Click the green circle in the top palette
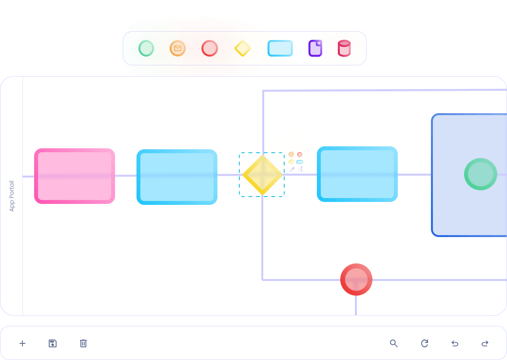(x=146, y=48)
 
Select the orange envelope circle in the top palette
(x=177, y=48)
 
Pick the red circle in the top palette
(x=210, y=48)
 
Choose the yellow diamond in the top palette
(x=242, y=48)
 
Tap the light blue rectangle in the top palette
(x=280, y=48)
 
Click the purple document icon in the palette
(x=315, y=48)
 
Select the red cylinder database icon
(x=344, y=48)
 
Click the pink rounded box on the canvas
(x=75, y=176)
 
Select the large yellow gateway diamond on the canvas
(x=263, y=175)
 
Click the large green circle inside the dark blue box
(x=481, y=174)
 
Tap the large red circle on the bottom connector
(x=356, y=280)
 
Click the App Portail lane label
(x=12, y=196)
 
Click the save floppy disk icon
(x=53, y=343)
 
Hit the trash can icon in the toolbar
(x=83, y=343)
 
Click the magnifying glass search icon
(x=393, y=343)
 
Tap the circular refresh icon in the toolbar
(x=425, y=343)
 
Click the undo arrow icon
(x=455, y=343)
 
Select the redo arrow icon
(x=485, y=343)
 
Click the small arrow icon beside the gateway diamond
(x=292, y=169)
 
